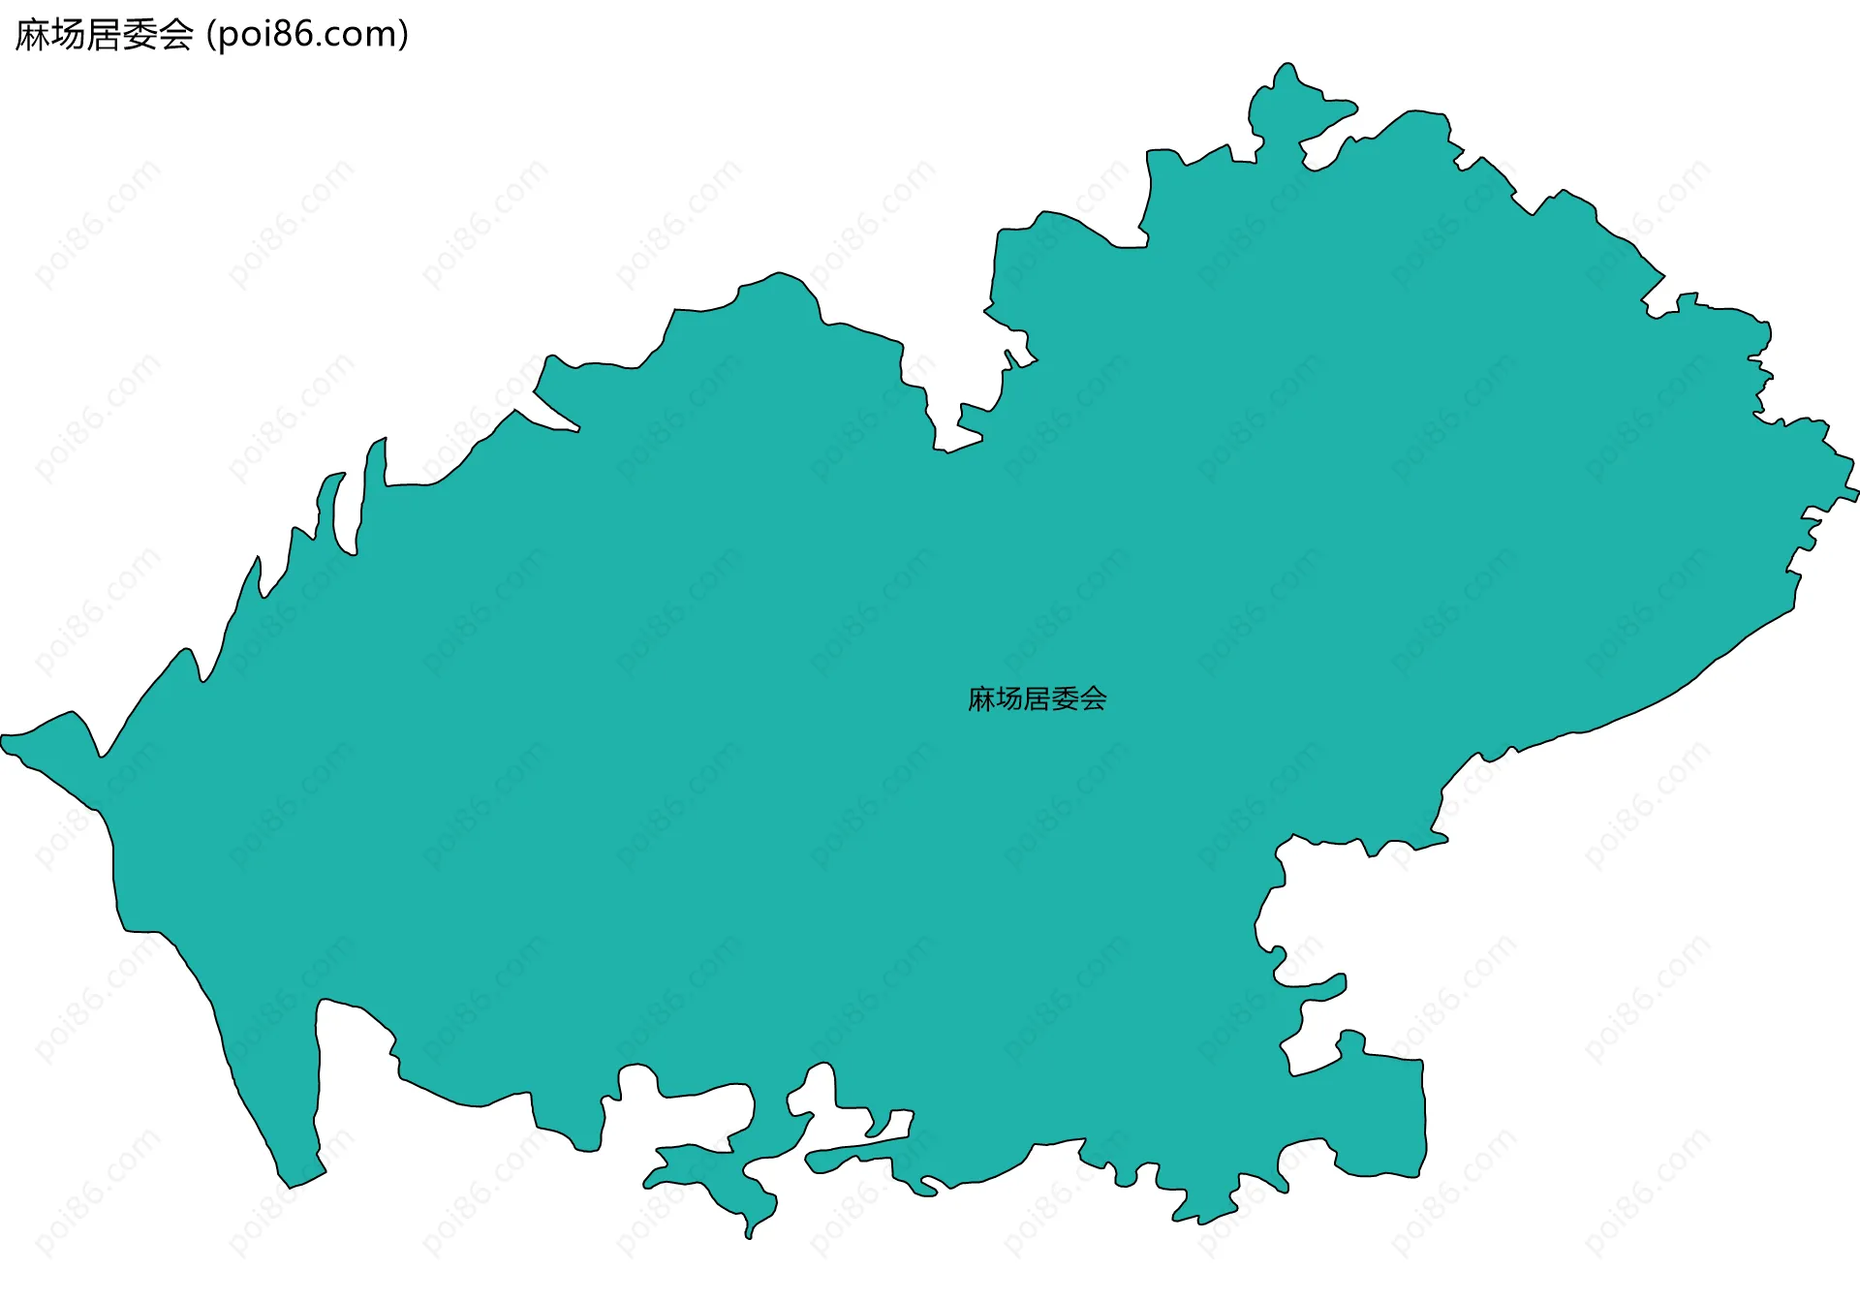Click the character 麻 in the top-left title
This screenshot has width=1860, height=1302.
tap(33, 35)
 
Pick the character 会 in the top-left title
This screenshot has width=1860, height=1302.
tap(176, 35)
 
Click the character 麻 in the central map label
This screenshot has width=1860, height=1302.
tap(981, 698)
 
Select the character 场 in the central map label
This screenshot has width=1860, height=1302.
tap(1009, 698)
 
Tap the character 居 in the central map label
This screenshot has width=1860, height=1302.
tap(1038, 698)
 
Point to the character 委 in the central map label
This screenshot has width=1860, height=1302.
tap(1066, 698)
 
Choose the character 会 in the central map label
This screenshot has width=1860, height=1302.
tap(1094, 698)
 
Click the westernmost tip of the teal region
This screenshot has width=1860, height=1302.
tap(4, 742)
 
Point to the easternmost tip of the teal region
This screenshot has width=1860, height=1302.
tap(1855, 496)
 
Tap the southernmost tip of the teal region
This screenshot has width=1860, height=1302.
tap(749, 1235)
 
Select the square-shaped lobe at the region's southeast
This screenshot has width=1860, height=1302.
tap(1380, 1114)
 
